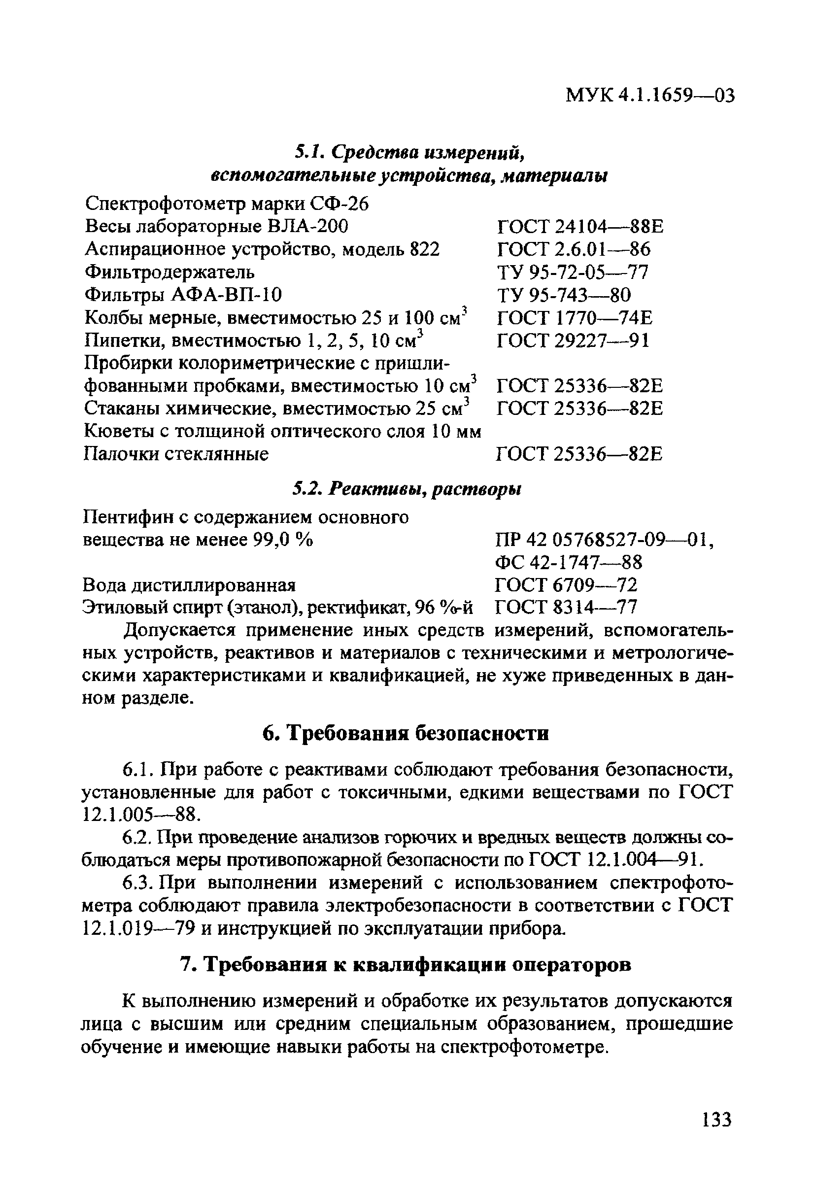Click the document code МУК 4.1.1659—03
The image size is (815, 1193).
click(x=650, y=96)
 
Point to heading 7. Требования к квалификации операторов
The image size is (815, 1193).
click(x=406, y=966)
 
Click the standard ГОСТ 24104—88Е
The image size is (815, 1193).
click(x=580, y=226)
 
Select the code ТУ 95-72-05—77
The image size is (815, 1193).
click(x=573, y=272)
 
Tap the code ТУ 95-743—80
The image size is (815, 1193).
click(x=564, y=295)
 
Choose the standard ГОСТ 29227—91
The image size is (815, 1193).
click(x=573, y=341)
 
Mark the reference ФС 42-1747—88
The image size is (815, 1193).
click(x=568, y=563)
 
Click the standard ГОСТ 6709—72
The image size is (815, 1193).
click(x=566, y=585)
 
